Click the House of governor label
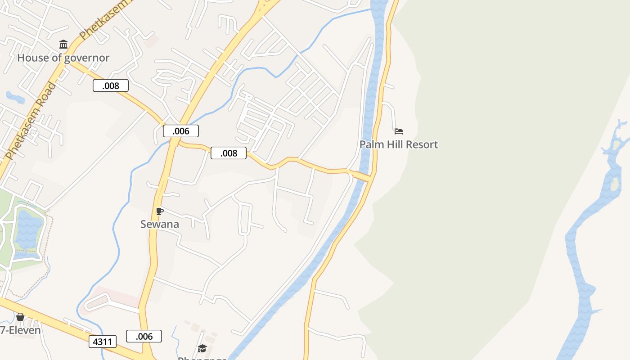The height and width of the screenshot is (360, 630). (63, 58)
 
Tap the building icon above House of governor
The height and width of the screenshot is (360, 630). (63, 44)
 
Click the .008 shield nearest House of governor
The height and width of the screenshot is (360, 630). (111, 85)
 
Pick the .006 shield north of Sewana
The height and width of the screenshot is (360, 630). (181, 131)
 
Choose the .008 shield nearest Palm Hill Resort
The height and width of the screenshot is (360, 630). (229, 153)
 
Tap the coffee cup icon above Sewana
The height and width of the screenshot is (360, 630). (159, 211)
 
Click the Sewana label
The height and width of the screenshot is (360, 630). (160, 224)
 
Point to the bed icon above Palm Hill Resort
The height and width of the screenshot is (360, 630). (398, 131)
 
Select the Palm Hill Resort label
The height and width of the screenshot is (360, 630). (398, 144)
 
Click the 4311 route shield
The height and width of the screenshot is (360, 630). (102, 342)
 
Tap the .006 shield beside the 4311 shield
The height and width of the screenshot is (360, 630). (144, 336)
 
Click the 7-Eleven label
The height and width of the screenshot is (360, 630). (20, 330)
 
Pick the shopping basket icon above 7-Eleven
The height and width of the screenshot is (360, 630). (20, 317)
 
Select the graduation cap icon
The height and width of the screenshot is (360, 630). (202, 348)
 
